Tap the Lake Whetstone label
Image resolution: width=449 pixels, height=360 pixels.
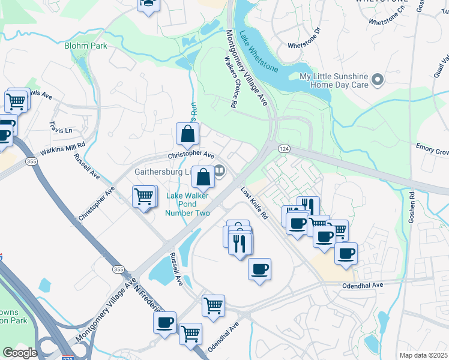click(x=258, y=51)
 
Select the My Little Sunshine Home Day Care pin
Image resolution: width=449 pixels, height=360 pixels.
click(x=378, y=79)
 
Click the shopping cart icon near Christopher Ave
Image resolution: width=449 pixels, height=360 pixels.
click(x=144, y=196)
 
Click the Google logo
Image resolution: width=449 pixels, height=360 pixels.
click(x=20, y=353)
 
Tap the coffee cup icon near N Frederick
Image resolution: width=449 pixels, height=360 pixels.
click(x=164, y=322)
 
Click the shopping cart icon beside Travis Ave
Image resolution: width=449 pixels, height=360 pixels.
click(x=17, y=100)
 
